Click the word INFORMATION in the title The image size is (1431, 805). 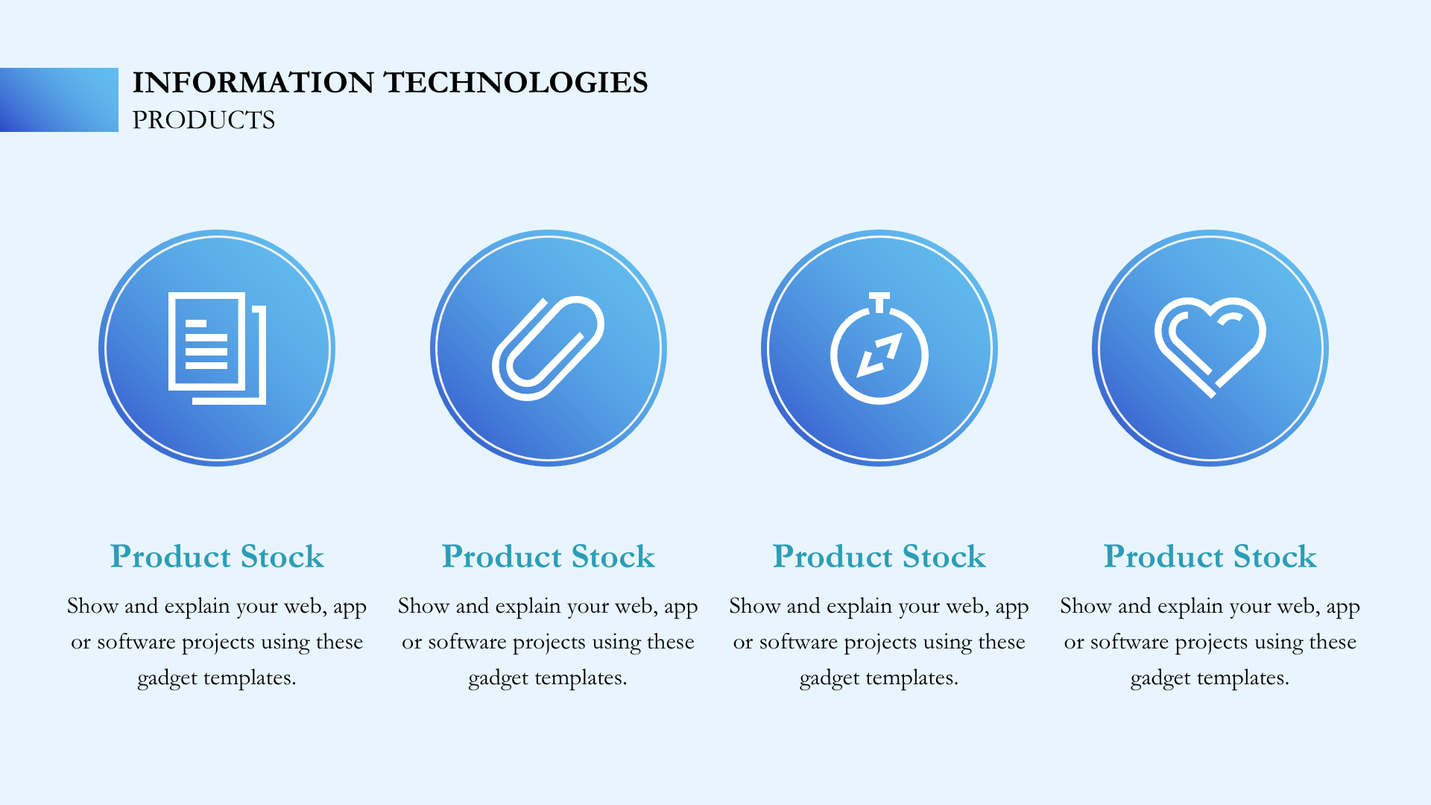pos(253,83)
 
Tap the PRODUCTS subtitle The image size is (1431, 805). pos(203,120)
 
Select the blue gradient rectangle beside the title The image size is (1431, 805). pos(59,100)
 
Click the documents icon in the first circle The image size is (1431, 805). pos(217,348)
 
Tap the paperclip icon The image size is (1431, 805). pos(548,348)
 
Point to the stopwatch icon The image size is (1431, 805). pos(879,348)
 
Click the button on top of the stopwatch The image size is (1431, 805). pos(879,300)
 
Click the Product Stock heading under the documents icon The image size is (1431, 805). pos(217,557)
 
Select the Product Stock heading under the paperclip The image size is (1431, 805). pos(548,557)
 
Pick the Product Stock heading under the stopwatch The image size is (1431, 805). pos(879,557)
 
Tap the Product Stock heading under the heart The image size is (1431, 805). pos(1210,557)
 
